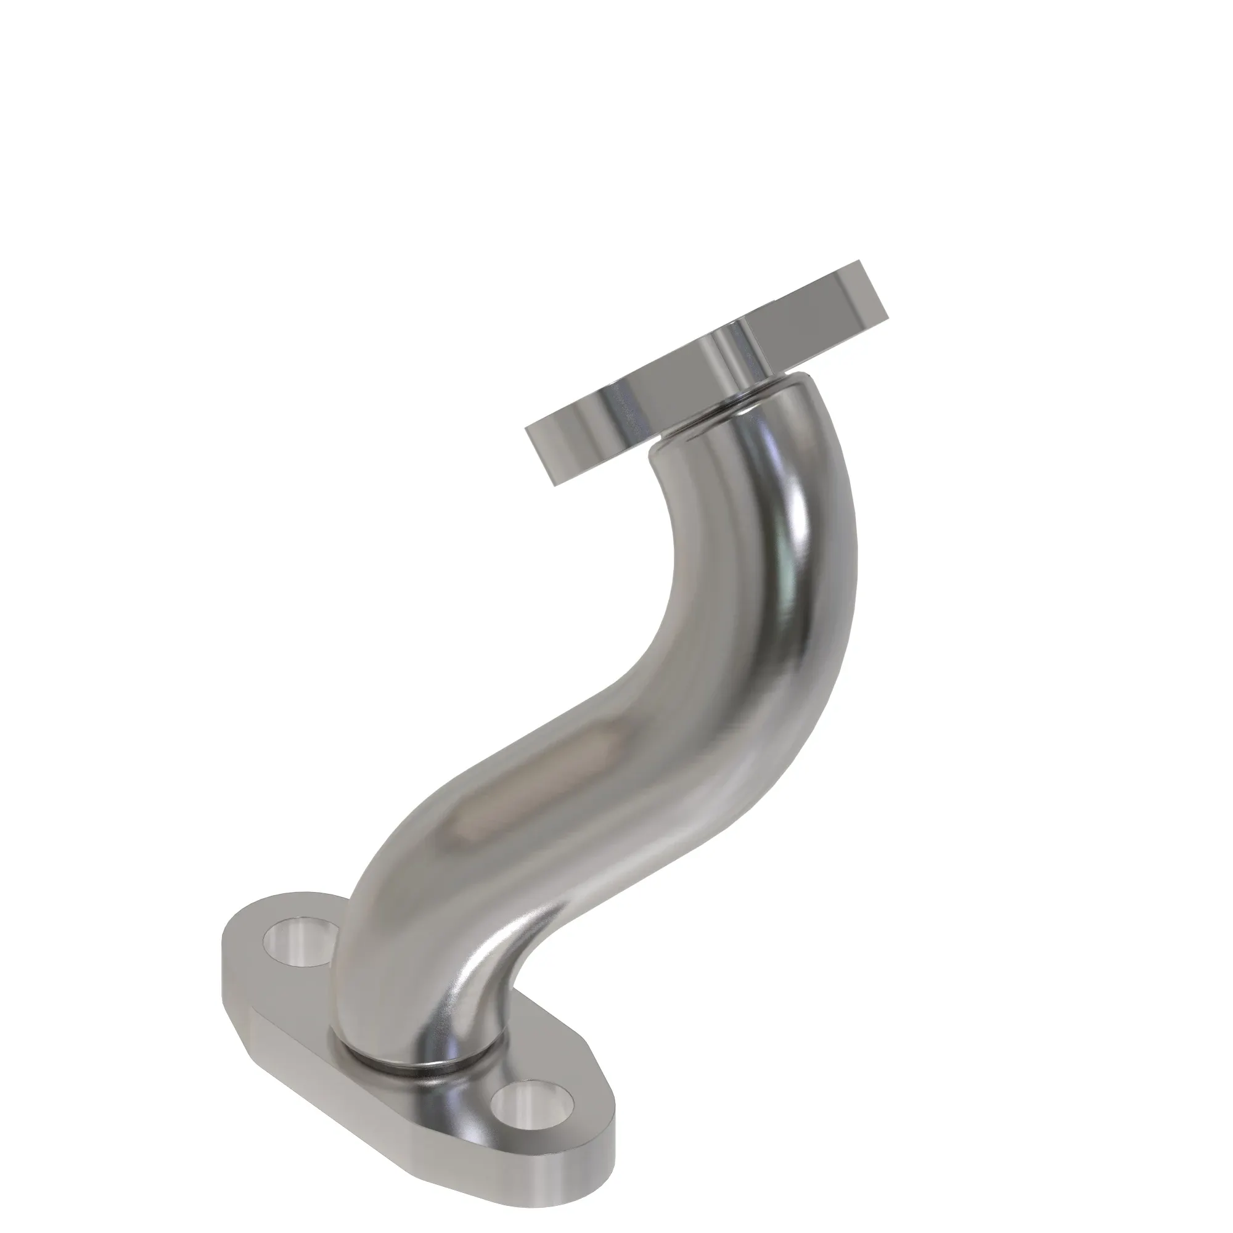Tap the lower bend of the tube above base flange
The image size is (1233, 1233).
[409, 925]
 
